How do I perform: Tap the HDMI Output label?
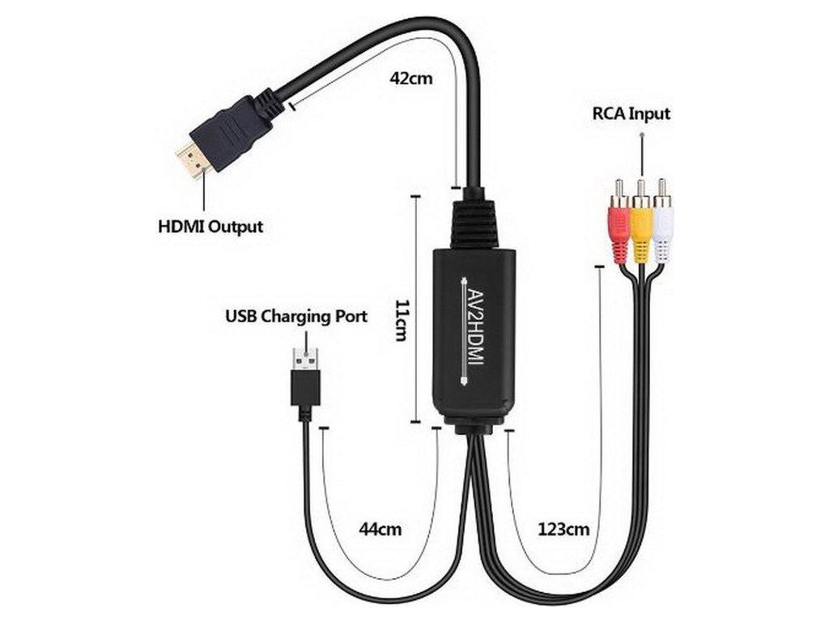pyautogui.click(x=210, y=226)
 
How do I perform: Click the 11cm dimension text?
pyautogui.click(x=399, y=319)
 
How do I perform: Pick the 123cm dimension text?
pyautogui.click(x=563, y=530)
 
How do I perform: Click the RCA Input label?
pyautogui.click(x=631, y=113)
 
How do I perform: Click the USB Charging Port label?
pyautogui.click(x=295, y=316)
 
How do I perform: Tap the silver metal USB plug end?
pyautogui.click(x=305, y=358)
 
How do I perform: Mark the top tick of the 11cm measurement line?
pyautogui.click(x=415, y=195)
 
